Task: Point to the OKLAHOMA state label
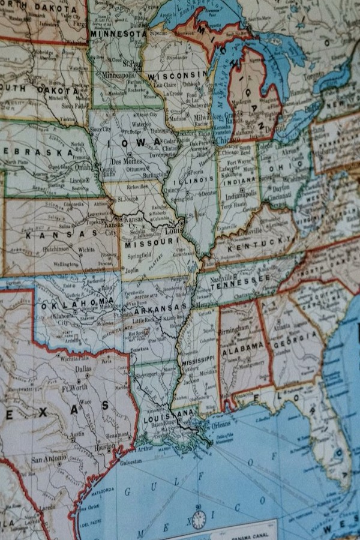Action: pyautogui.click(x=78, y=301)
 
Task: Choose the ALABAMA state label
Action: pyautogui.click(x=244, y=346)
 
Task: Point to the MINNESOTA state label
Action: pyautogui.click(x=118, y=34)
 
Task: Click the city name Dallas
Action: pyautogui.click(x=83, y=370)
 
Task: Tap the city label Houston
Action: pyautogui.click(x=104, y=446)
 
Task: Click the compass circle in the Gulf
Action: pyautogui.click(x=199, y=520)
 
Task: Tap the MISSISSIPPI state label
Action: pyautogui.click(x=199, y=359)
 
